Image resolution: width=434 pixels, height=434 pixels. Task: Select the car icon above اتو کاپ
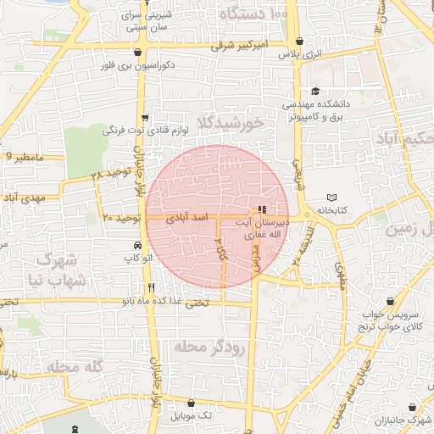pos(136,244)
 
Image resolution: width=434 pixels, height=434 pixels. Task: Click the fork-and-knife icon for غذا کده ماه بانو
pos(151,287)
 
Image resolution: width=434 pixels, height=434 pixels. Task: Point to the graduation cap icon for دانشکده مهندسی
pos(315,92)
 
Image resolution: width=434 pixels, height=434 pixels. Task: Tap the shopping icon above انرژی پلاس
pos(299,41)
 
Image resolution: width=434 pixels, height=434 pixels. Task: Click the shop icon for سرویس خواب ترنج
pos(390,302)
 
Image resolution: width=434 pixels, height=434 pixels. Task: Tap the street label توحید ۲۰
pos(120,218)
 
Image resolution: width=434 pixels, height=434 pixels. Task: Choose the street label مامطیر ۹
pos(23,157)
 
